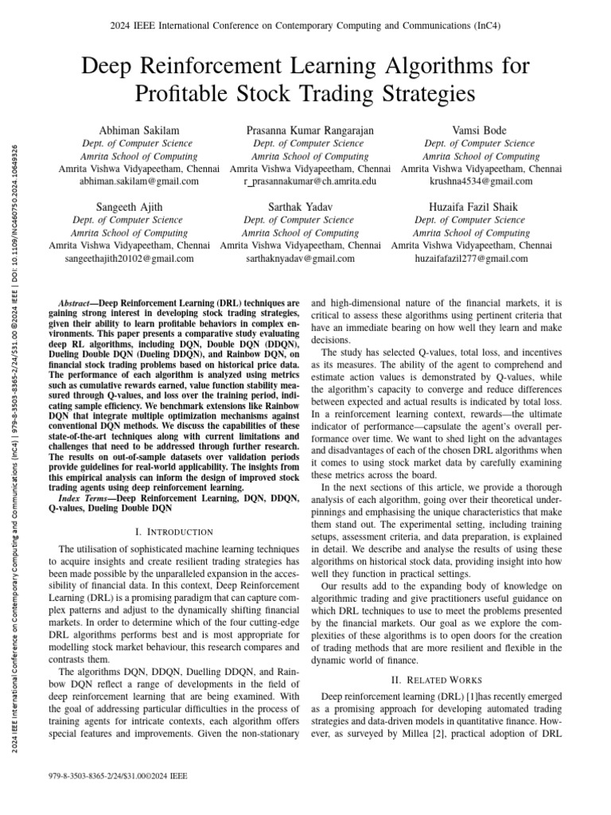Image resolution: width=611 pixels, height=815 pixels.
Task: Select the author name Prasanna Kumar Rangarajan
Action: coord(309,130)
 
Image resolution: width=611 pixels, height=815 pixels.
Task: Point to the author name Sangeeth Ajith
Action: coord(128,206)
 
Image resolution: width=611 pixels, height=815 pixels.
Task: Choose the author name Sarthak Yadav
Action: coord(299,206)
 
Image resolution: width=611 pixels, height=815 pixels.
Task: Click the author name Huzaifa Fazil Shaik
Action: coord(472,206)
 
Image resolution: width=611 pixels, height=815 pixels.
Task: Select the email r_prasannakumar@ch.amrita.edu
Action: coord(309,181)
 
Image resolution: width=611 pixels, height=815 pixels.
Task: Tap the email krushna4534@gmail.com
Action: coord(480,181)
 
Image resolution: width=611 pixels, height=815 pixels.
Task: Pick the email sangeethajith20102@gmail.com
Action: coord(128,259)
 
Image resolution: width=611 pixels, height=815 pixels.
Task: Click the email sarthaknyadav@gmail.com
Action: coord(299,259)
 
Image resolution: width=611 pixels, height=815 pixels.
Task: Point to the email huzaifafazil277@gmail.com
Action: coord(472,259)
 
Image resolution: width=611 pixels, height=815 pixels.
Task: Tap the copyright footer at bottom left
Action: coord(119,775)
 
